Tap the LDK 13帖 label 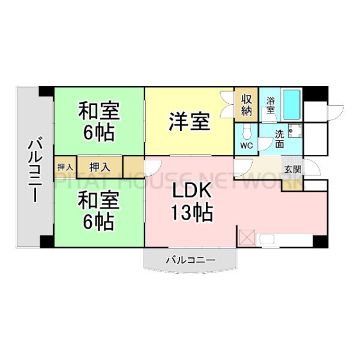coord(192,202)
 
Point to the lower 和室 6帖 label coord(98,211)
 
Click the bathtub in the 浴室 coord(292,104)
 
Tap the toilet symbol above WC coord(247,133)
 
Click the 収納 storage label coord(247,105)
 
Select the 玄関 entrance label coord(293,169)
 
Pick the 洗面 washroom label coord(280,139)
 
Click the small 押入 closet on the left coord(65,167)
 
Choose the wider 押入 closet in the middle coord(100,167)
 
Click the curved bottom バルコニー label coord(191,260)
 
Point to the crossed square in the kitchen coord(247,238)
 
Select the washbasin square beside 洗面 coord(295,131)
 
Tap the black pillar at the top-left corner coord(46,91)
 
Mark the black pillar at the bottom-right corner coord(320,242)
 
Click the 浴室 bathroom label coord(271,106)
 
